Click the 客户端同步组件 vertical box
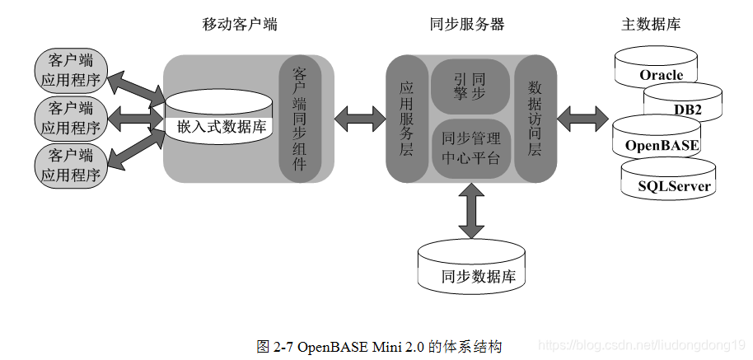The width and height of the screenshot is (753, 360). point(299,119)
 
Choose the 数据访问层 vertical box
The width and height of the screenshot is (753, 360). point(536,119)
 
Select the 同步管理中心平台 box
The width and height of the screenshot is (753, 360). point(471,148)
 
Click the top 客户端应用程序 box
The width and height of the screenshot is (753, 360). point(71,70)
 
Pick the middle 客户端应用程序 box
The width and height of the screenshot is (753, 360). point(71,118)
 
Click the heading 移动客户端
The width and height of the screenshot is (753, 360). point(239,24)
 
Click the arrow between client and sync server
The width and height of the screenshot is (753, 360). point(360,118)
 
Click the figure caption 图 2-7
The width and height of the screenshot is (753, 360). point(379,345)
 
